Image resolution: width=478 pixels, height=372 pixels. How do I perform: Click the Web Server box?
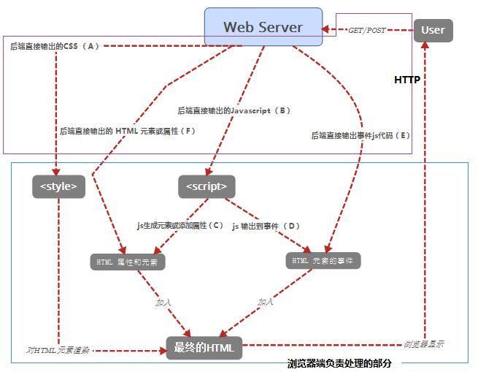click(x=263, y=27)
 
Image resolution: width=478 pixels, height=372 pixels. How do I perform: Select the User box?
click(x=433, y=31)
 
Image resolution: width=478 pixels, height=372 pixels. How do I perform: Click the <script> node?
click(x=207, y=186)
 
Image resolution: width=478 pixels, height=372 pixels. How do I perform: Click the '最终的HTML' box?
click(x=204, y=348)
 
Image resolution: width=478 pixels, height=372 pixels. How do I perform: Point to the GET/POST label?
click(x=367, y=31)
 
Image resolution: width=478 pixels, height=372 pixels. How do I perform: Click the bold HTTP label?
click(x=406, y=80)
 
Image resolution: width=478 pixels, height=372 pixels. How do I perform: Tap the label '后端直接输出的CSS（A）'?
click(x=54, y=46)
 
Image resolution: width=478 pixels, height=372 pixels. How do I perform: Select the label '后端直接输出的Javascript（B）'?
click(x=234, y=111)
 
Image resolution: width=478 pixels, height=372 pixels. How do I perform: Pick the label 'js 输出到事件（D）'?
click(x=266, y=226)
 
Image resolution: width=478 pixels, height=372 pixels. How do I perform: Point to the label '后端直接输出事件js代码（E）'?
click(x=361, y=135)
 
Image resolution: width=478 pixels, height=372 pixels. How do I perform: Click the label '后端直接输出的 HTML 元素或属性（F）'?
click(x=128, y=132)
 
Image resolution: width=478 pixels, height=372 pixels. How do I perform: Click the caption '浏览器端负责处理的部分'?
click(x=339, y=363)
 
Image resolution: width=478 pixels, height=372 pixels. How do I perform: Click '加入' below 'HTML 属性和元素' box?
click(x=163, y=301)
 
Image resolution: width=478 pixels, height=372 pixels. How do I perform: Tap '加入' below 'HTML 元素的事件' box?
click(x=265, y=301)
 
